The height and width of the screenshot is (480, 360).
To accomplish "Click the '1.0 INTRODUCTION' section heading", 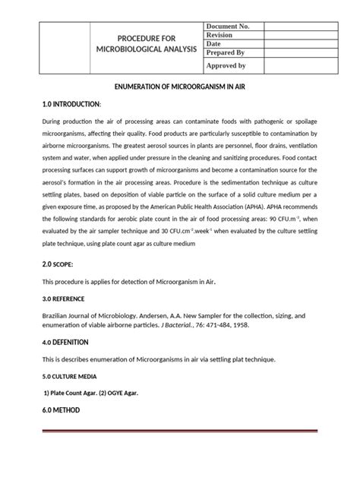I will pos(69,103).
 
